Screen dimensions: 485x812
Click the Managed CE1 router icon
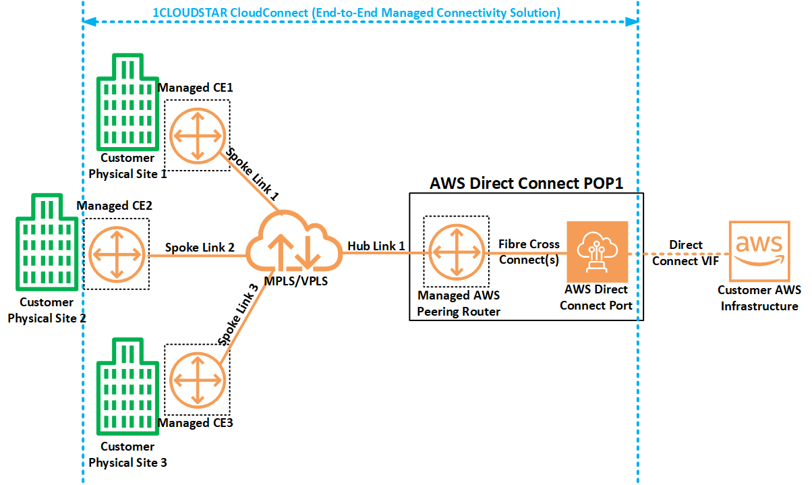coord(198,135)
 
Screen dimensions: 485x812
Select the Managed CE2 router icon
coord(117,254)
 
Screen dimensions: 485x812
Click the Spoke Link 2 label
coord(200,248)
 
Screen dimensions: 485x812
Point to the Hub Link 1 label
coord(376,246)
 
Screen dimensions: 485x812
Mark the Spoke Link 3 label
coord(239,315)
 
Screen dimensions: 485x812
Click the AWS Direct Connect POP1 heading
coord(526,183)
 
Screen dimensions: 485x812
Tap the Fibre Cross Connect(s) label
coord(529,252)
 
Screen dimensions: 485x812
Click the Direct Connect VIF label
coord(685,252)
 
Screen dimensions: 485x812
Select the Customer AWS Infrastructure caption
coord(759,298)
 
